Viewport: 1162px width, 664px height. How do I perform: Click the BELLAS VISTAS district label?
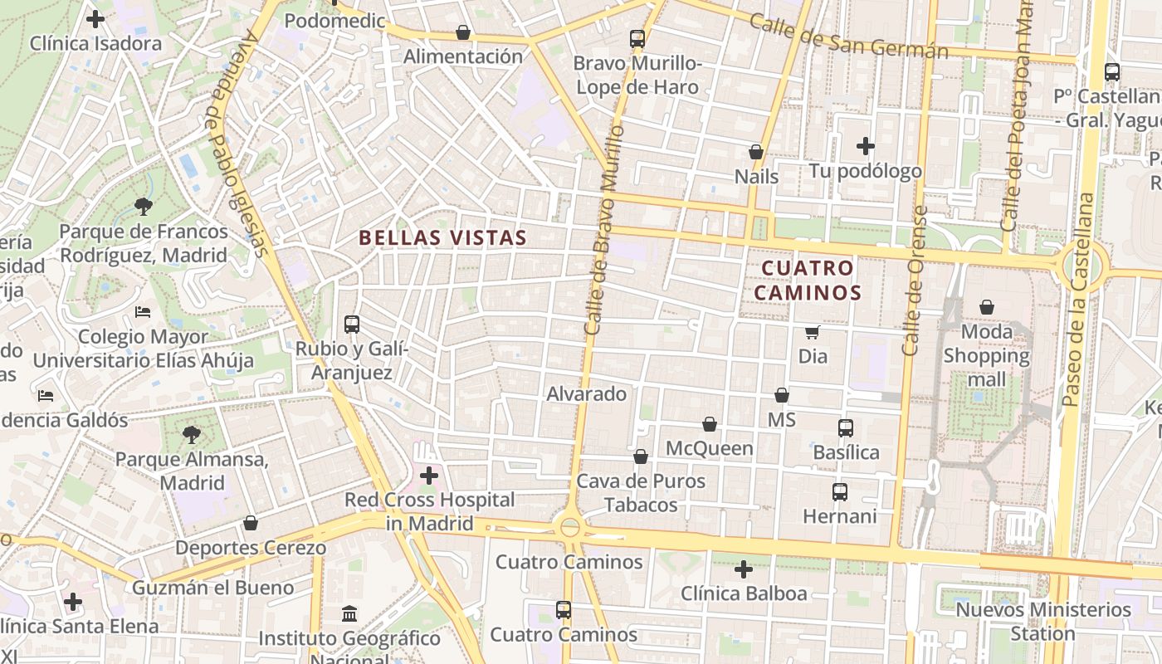[442, 237]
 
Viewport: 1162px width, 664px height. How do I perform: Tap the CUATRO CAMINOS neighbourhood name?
[808, 280]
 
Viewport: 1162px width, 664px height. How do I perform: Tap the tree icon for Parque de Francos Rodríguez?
[143, 206]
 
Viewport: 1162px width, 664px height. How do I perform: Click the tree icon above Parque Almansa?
[192, 434]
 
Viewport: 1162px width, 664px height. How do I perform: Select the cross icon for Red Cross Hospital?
[429, 476]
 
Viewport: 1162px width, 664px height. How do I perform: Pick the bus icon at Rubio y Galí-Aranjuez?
[352, 324]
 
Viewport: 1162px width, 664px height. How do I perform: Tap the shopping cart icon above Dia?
[813, 332]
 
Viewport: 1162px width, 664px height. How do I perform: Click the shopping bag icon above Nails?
[756, 152]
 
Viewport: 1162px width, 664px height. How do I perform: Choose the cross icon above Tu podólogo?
[866, 146]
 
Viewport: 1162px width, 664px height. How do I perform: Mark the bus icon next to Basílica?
[846, 428]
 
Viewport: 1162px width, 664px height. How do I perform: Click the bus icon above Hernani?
[840, 492]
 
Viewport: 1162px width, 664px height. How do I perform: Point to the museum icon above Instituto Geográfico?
[349, 614]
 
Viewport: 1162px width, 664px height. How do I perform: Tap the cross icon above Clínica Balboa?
[744, 569]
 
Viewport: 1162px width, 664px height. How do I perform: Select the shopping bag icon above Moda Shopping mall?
[987, 308]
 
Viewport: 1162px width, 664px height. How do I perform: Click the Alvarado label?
[586, 393]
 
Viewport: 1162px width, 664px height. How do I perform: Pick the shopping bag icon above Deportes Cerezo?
[251, 523]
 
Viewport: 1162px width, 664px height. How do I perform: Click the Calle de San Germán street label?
[848, 36]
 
